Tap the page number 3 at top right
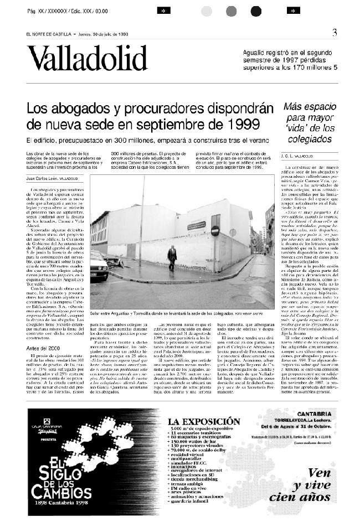[x=335, y=33]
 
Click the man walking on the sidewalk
[x=172, y=257]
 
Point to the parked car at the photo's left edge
[x=99, y=266]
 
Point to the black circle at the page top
[x=255, y=11]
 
